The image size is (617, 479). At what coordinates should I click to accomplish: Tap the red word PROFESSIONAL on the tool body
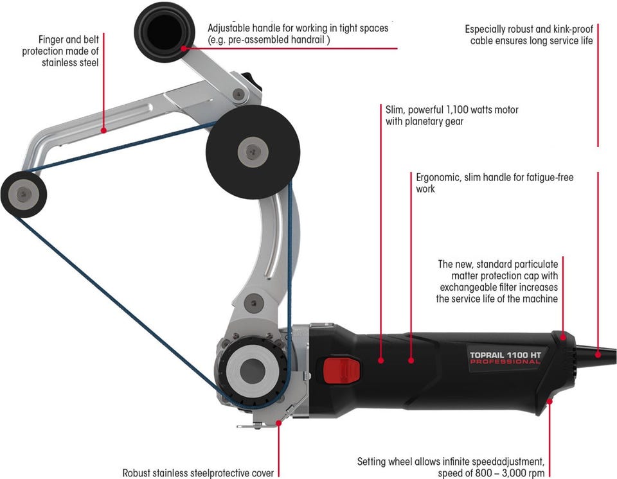click(505, 362)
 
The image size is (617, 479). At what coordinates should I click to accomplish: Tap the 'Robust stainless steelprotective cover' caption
click(198, 473)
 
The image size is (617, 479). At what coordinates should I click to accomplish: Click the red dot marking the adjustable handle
click(184, 48)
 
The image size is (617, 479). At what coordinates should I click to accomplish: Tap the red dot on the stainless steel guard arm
click(103, 130)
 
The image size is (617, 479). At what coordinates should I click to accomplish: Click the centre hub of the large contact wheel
click(251, 150)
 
